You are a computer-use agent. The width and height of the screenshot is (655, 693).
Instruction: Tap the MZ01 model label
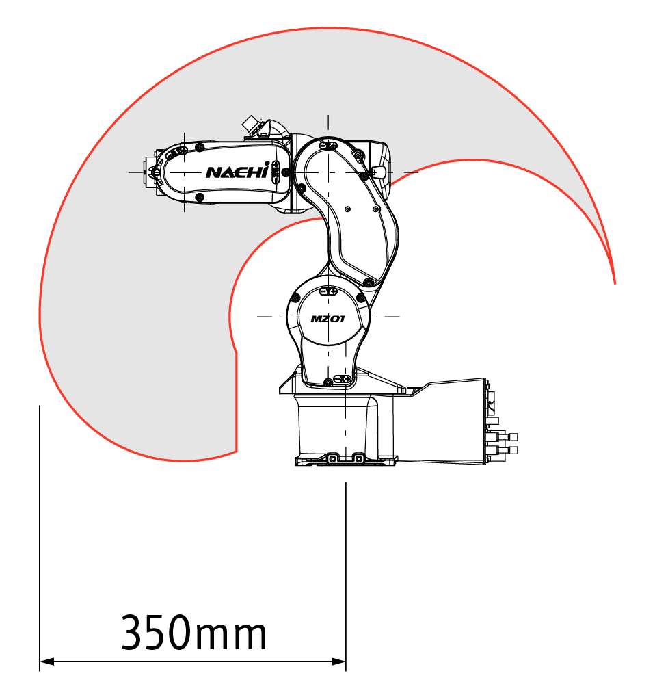pyautogui.click(x=327, y=319)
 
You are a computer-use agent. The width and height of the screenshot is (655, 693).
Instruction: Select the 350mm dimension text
pyautogui.click(x=194, y=632)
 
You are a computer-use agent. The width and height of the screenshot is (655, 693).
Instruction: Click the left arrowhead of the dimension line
pyautogui.click(x=46, y=662)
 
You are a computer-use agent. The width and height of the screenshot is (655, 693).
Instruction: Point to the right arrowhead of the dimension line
pyautogui.click(x=338, y=662)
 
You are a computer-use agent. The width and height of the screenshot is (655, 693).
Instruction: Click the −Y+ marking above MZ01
pyautogui.click(x=329, y=291)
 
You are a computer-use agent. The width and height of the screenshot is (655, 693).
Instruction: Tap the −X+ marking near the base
pyautogui.click(x=343, y=379)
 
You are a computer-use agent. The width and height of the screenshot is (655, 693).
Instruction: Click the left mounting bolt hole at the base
pyautogui.click(x=332, y=459)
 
